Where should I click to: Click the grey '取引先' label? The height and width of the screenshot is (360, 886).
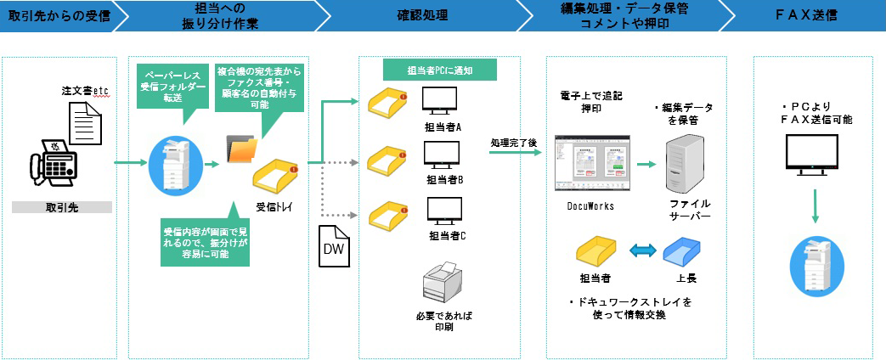pyautogui.click(x=63, y=207)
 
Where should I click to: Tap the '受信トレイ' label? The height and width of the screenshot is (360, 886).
pyautogui.click(x=274, y=205)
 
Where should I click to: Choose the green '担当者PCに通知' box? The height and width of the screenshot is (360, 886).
pyautogui.click(x=439, y=69)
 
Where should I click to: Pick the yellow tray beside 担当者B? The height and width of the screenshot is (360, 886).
pyautogui.click(x=387, y=160)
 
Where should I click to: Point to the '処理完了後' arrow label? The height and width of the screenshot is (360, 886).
pyautogui.click(x=513, y=143)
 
